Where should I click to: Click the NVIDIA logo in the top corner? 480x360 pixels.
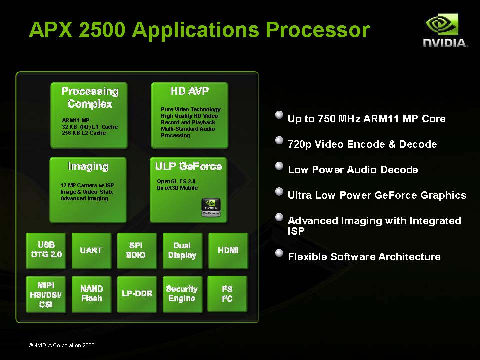coord(445,30)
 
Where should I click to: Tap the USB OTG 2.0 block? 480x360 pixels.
coord(46,251)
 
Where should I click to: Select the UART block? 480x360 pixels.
coord(91,251)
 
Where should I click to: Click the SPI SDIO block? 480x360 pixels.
coord(137,251)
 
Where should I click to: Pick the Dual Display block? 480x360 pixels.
coord(183,251)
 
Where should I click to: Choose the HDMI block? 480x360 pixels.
coord(228,251)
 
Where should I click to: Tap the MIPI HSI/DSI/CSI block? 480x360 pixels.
coord(46,294)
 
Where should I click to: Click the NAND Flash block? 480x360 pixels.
coord(91,294)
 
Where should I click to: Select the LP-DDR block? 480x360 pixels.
coord(137,294)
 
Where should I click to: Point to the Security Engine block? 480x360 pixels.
coord(183,294)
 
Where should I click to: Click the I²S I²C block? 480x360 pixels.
coord(227,294)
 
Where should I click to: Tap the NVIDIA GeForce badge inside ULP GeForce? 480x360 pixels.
coord(211,207)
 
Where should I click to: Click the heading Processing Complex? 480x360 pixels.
coord(90,97)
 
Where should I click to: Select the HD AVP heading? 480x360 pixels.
coord(190,91)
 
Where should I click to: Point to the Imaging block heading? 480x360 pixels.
coord(88,166)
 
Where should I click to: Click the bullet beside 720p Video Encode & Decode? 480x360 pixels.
coord(279,140)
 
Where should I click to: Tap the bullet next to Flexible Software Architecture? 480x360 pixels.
coord(279,253)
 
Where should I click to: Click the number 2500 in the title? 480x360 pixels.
coord(102,30)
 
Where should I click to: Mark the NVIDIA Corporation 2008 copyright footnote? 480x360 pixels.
coord(61,345)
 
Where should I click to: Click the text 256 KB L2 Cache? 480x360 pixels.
coord(84,133)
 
